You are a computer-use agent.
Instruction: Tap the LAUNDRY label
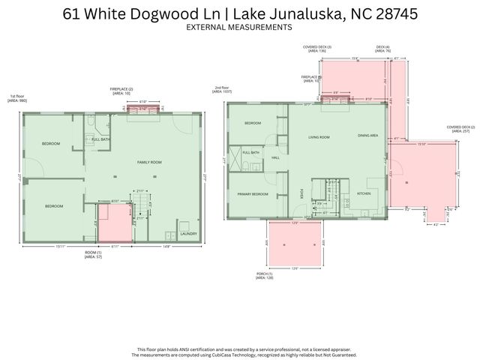point(187,232)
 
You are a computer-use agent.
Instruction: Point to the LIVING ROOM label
point(320,137)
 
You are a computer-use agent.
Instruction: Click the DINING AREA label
point(367,136)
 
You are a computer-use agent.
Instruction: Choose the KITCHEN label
point(364,193)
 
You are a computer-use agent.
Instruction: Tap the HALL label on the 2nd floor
point(275,158)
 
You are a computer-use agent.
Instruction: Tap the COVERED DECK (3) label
point(317,48)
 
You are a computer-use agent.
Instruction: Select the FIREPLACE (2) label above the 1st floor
point(122,91)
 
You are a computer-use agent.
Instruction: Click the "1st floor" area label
point(16,98)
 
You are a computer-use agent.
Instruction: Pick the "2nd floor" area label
point(222,90)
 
